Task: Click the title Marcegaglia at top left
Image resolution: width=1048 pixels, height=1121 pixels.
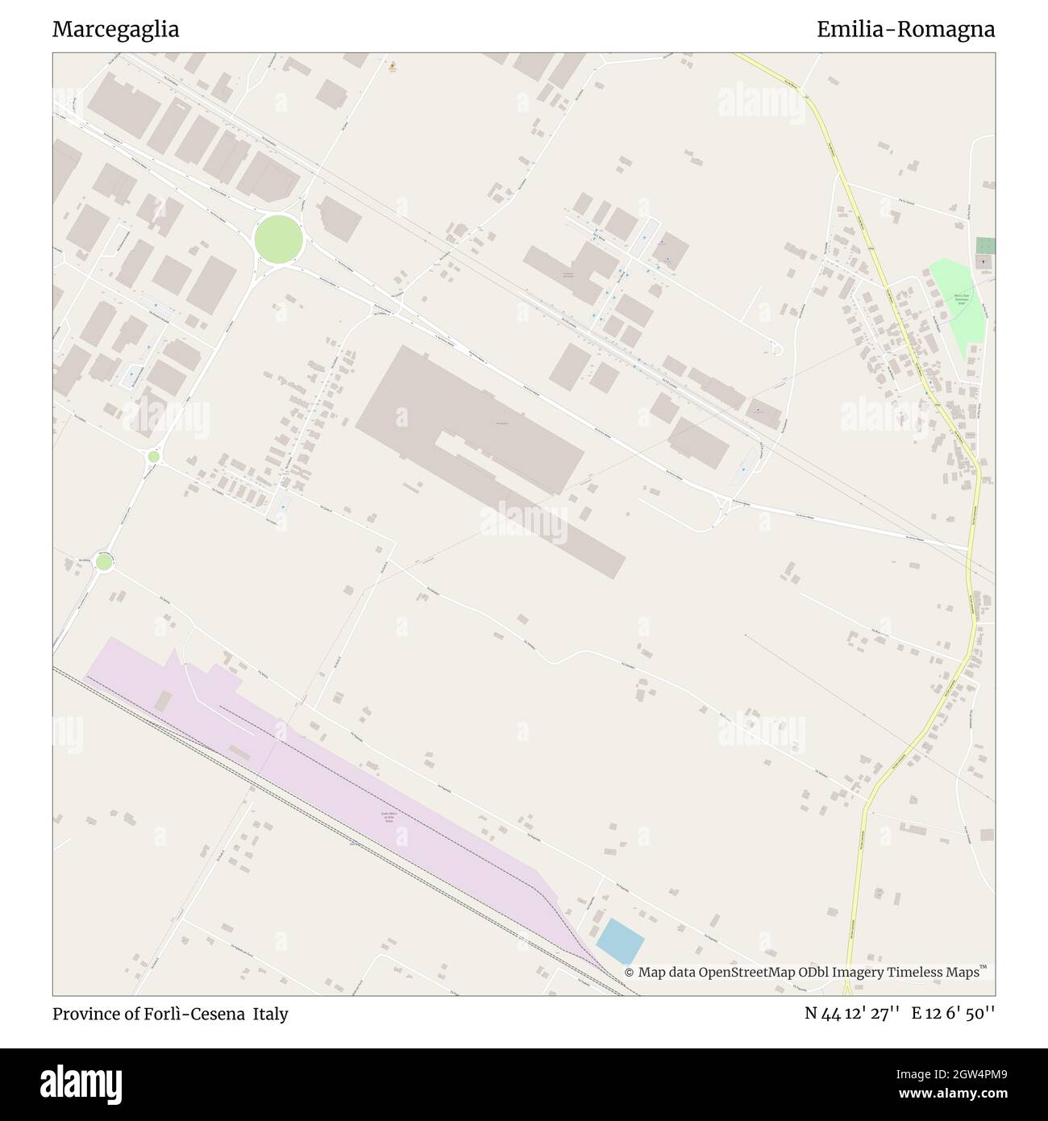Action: (x=115, y=30)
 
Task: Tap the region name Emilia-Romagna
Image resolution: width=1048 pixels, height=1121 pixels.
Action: (x=905, y=30)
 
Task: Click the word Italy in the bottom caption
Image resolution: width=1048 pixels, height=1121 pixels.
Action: (x=270, y=1015)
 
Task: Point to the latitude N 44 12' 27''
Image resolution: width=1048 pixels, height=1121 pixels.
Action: (x=852, y=1015)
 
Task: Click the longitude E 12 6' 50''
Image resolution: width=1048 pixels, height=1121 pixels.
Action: (x=953, y=1015)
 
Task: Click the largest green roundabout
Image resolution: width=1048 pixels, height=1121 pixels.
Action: (x=278, y=239)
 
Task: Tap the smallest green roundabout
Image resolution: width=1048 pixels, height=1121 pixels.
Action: (x=153, y=456)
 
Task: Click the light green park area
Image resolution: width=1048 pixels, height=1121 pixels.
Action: (x=959, y=306)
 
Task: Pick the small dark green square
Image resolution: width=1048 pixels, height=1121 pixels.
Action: (x=984, y=246)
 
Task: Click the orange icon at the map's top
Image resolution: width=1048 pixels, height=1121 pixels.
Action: (x=392, y=67)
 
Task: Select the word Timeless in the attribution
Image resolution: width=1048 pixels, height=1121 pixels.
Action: (x=917, y=973)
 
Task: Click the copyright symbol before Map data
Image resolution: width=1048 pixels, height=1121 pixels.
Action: (x=629, y=973)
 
